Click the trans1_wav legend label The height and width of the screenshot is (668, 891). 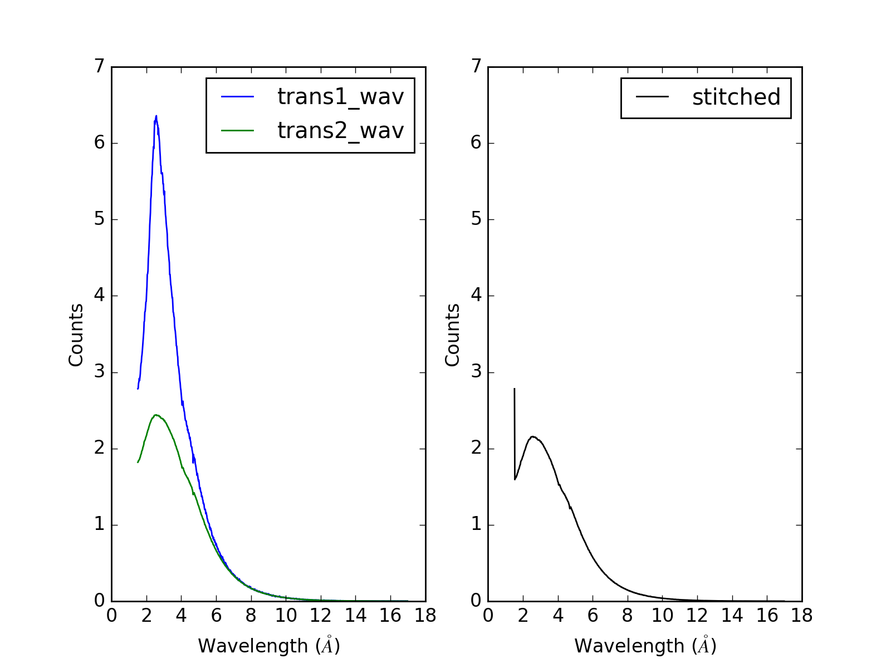(x=340, y=97)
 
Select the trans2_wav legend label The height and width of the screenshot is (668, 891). (x=340, y=131)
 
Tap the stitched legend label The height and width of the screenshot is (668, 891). (x=736, y=97)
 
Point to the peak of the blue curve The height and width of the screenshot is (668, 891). (x=156, y=116)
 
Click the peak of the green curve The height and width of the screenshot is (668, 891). (x=156, y=415)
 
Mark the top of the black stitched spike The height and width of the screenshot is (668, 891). (x=514, y=389)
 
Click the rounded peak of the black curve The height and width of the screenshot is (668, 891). (x=533, y=436)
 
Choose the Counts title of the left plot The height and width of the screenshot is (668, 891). (x=76, y=335)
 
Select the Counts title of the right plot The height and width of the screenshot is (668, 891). (x=453, y=335)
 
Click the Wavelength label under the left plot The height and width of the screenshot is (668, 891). (x=268, y=646)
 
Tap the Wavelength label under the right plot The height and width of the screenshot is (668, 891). (x=645, y=646)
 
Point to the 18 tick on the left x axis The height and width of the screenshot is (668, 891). (x=425, y=616)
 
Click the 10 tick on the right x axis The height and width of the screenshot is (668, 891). (x=662, y=616)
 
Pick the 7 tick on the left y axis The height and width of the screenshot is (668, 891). (x=99, y=67)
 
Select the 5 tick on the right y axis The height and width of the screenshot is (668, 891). (x=476, y=219)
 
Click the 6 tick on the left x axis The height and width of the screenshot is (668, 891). (x=216, y=616)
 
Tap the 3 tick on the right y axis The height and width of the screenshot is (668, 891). (x=476, y=372)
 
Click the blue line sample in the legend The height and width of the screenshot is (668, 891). (x=238, y=97)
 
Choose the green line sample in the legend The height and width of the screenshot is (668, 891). (x=238, y=131)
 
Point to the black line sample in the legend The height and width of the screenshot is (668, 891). (x=653, y=97)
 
